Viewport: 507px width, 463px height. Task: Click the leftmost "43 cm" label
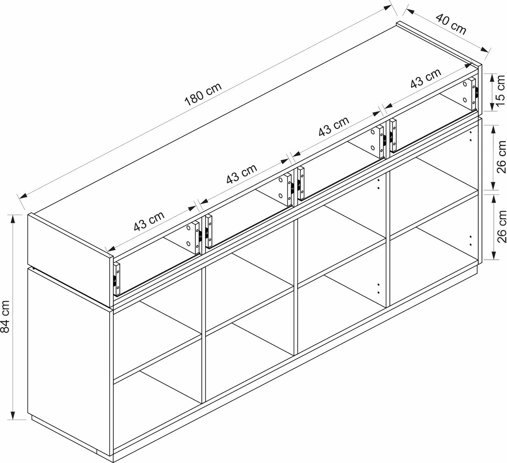(x=149, y=221)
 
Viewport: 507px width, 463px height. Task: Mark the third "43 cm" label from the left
(x=334, y=126)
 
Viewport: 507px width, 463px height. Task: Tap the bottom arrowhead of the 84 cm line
(x=13, y=415)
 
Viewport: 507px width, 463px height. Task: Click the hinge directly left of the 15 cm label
(x=475, y=93)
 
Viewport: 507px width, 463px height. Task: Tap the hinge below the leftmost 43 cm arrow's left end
(x=117, y=279)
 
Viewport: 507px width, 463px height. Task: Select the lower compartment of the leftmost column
(x=157, y=396)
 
